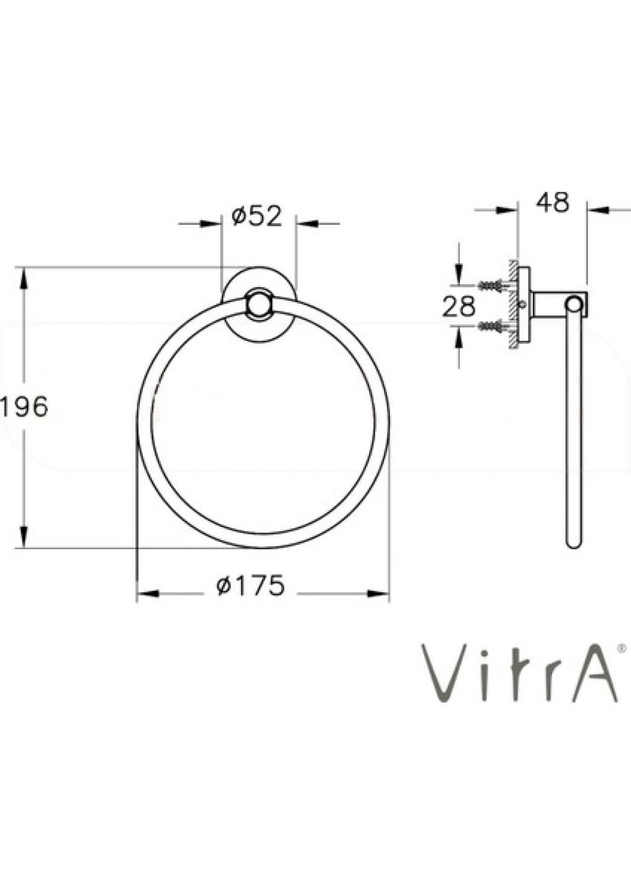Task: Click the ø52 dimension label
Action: coord(256,216)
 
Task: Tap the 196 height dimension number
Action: coord(25,407)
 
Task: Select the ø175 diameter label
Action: coord(251,585)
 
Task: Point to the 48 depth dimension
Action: coord(553,203)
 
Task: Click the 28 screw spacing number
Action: coord(459,306)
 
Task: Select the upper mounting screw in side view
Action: coord(493,285)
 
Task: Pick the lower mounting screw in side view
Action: coord(493,326)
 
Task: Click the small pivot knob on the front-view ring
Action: coord(259,304)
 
